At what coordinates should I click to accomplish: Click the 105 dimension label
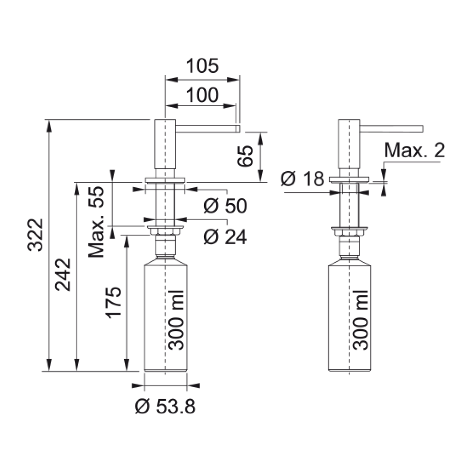point(202,66)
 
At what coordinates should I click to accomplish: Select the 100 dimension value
point(202,95)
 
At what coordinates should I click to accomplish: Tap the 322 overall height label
point(35,235)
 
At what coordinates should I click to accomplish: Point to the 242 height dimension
point(63,275)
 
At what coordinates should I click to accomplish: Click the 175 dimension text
point(114,302)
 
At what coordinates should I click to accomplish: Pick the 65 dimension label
point(245,156)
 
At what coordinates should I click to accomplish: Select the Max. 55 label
point(96,222)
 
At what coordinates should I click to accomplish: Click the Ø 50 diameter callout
point(225,206)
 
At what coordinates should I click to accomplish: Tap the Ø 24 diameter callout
point(225,237)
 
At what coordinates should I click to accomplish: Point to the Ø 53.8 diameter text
point(165,407)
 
